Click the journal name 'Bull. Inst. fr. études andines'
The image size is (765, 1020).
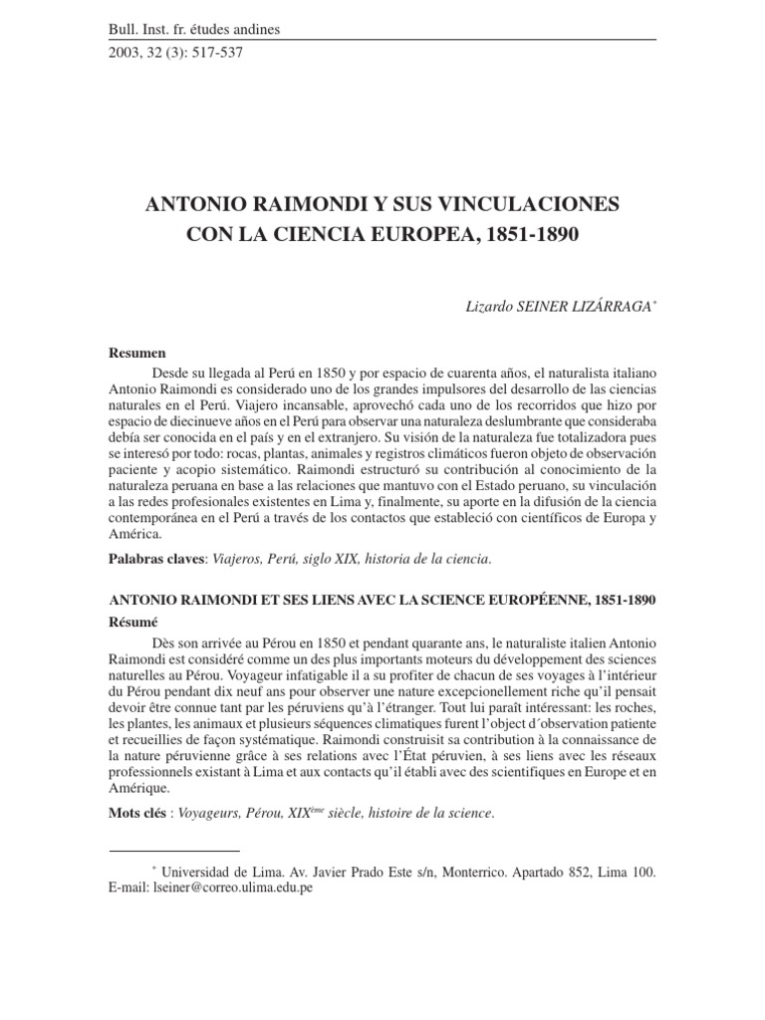[x=194, y=29]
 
